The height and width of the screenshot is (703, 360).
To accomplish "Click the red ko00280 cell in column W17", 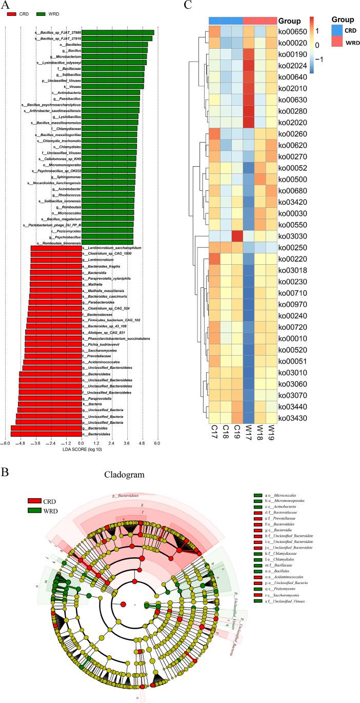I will (249, 109).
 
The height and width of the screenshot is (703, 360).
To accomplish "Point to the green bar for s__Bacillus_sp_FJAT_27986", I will (118, 32).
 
